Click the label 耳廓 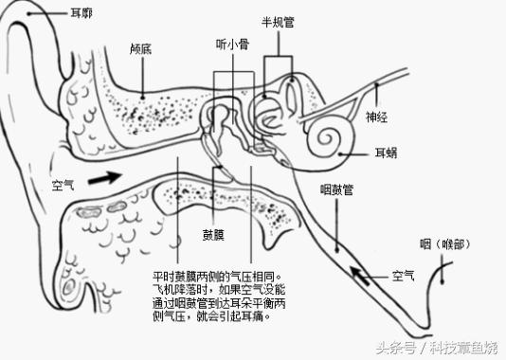[x=81, y=14]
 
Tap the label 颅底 [x=142, y=47]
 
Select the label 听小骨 [x=231, y=44]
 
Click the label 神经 [x=377, y=117]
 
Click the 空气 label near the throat [x=403, y=276]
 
